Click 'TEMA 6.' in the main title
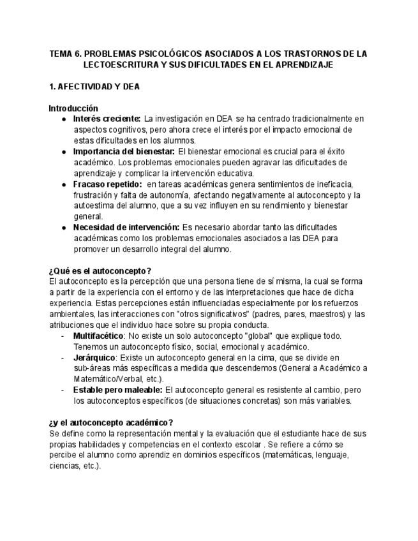[x=65, y=54]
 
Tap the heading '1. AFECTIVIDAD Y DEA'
[x=94, y=87]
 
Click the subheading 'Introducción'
[x=73, y=108]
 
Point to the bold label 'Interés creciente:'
[x=107, y=119]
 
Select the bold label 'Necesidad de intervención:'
[x=126, y=227]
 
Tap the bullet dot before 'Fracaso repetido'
[x=64, y=184]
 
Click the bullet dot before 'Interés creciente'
[x=64, y=119]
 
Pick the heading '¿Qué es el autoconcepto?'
[x=100, y=270]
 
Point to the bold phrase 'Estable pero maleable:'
[x=118, y=390]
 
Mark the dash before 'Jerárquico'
[x=63, y=357]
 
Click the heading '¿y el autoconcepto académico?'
[x=110, y=422]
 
